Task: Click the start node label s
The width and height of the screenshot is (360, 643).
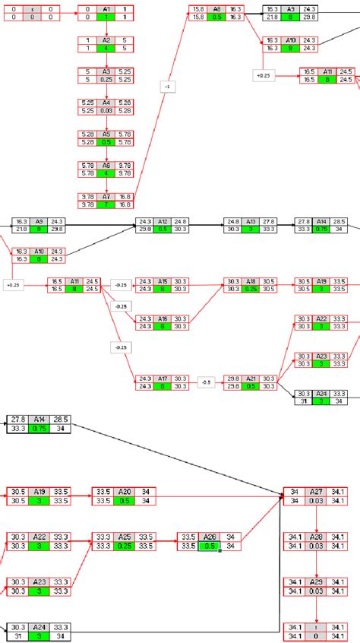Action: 32,8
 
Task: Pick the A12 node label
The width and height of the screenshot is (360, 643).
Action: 162,221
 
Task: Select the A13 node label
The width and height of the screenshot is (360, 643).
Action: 251,221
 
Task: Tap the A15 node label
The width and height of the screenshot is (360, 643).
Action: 162,280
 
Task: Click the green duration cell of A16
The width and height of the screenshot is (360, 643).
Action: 162,326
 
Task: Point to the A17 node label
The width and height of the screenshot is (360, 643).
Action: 162,378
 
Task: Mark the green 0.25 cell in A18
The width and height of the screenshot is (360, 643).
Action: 251,289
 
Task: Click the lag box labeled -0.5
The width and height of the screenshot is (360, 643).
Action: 206,382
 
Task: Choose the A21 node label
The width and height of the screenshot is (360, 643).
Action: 251,378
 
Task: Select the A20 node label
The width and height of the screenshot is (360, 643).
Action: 125,491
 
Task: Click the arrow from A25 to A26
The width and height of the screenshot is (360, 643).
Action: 166,540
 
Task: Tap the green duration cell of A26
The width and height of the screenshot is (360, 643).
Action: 209,546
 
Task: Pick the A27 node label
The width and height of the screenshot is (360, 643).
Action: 316,491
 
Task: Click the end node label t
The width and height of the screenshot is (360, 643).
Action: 316,626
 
